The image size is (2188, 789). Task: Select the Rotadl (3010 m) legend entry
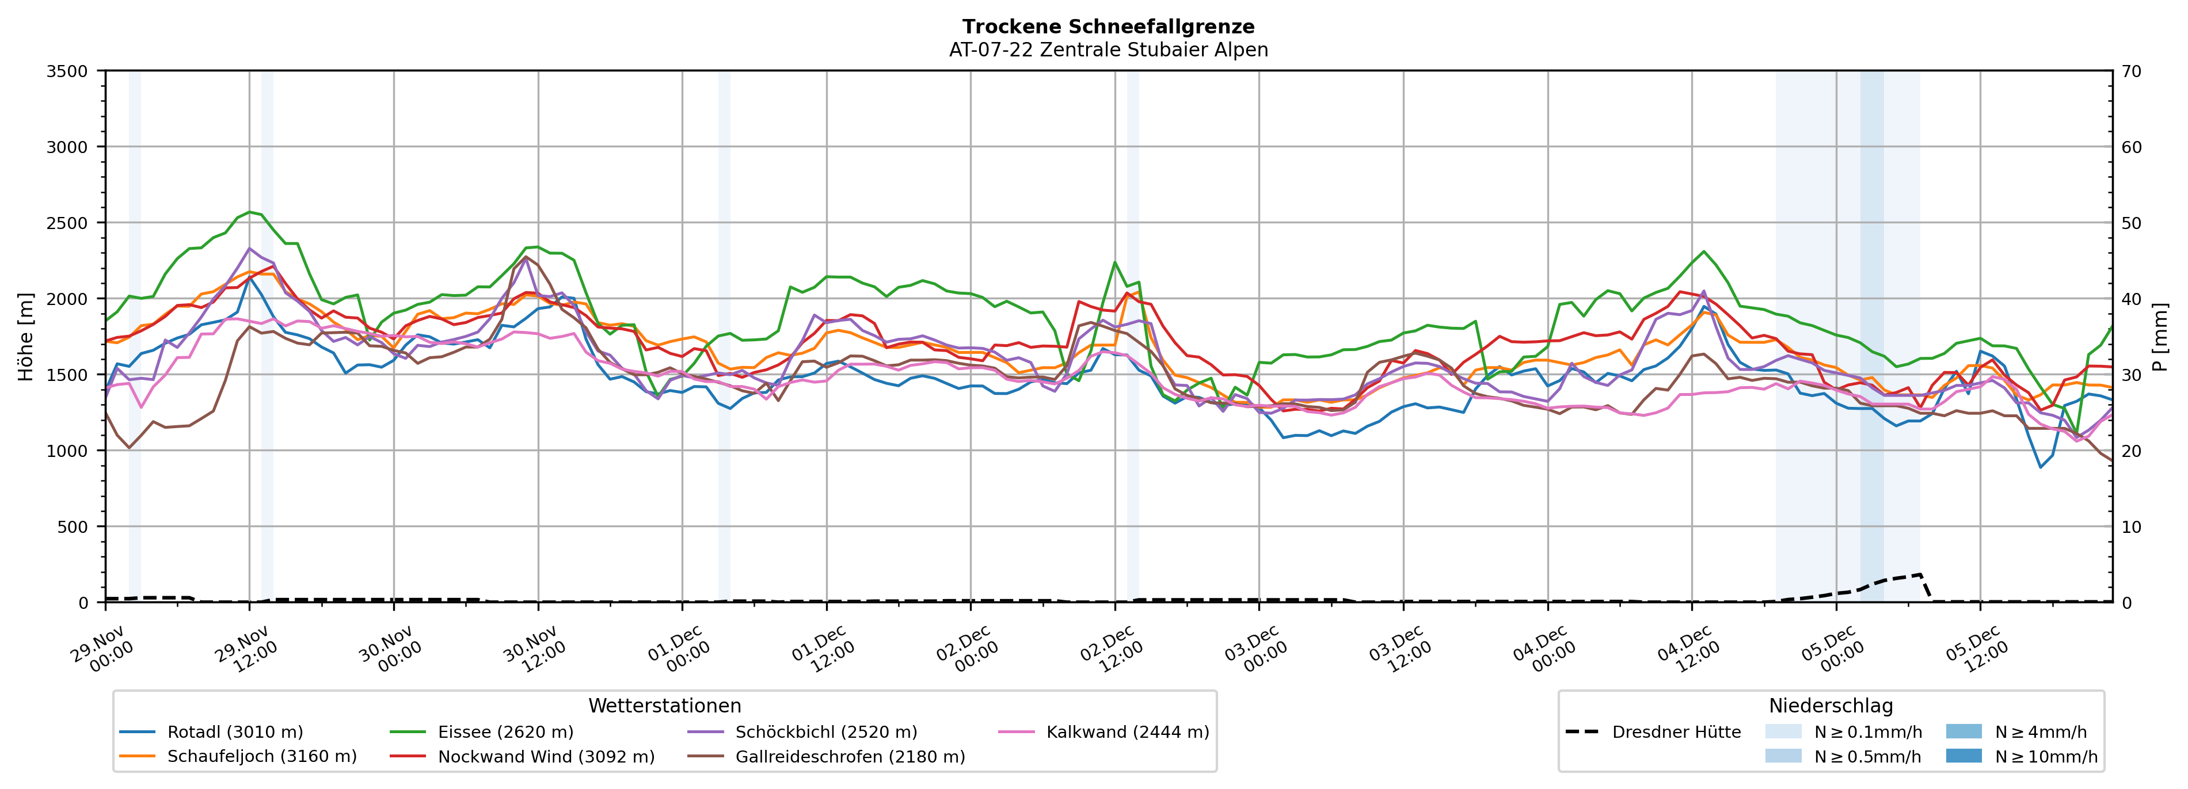coord(234,732)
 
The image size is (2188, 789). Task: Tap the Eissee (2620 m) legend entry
coord(505,732)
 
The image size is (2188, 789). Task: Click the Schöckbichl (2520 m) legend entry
coord(825,732)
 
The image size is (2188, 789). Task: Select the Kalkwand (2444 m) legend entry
coord(1127,732)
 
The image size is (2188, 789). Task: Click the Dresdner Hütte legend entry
coord(1676,732)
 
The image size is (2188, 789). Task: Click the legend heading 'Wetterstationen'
coord(664,706)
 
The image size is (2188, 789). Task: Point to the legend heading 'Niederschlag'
coord(1831,706)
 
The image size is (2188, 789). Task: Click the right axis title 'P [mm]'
coord(2160,336)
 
